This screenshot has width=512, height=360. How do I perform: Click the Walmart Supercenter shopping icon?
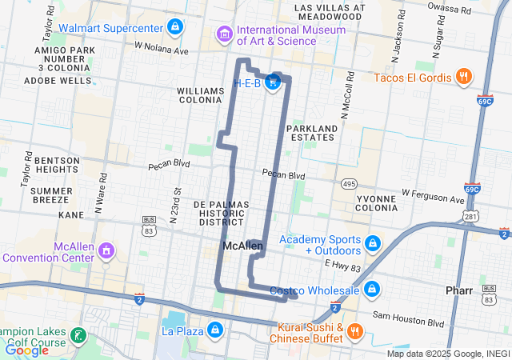[x=175, y=27]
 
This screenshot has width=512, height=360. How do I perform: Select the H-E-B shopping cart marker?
[x=274, y=82]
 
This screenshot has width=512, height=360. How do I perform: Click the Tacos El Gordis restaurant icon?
[x=462, y=77]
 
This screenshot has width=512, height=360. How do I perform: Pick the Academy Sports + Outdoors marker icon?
[x=372, y=242]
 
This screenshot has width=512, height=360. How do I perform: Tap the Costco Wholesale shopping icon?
[x=372, y=289]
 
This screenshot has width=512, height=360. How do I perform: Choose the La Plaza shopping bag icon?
[x=214, y=330]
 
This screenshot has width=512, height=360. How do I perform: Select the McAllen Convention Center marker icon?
[x=106, y=252]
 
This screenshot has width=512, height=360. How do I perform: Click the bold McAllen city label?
[x=243, y=246]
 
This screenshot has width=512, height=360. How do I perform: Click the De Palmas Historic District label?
[x=222, y=213]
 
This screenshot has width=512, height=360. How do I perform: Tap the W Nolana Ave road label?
[x=162, y=50]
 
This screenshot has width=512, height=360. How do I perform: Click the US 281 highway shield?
[x=471, y=217]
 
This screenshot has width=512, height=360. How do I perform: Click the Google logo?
[x=26, y=350]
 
